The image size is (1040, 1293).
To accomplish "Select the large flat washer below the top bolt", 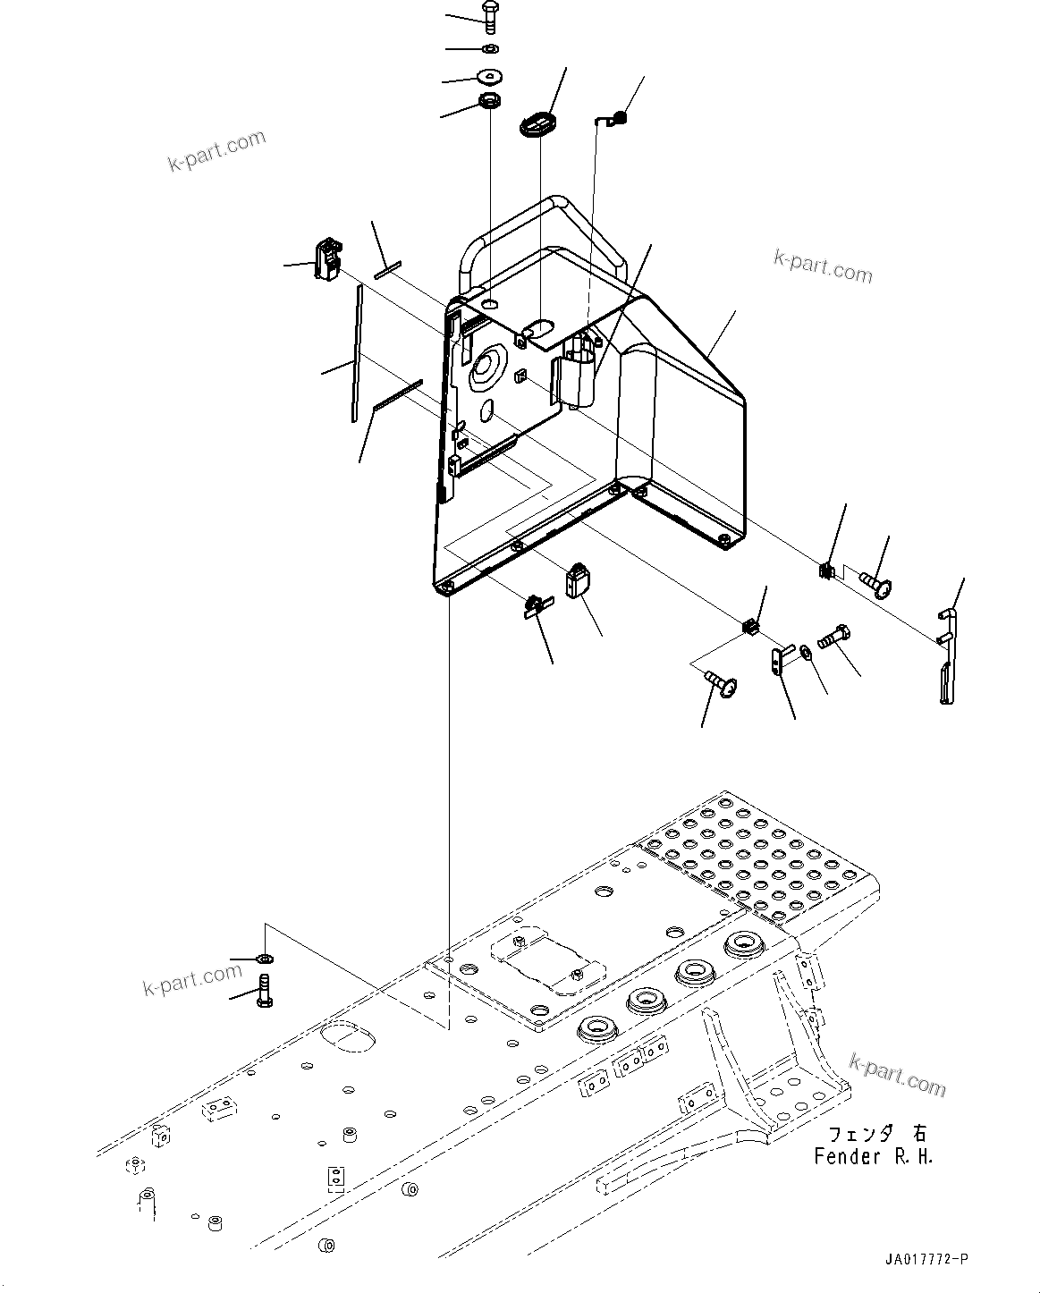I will click(489, 77).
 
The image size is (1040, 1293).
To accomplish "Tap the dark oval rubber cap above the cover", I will click(538, 123).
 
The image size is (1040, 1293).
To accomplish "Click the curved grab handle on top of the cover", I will click(545, 224).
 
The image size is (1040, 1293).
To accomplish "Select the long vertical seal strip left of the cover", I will click(357, 353).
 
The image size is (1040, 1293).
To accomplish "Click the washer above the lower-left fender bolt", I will click(264, 959).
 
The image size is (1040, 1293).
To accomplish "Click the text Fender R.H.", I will click(873, 1156).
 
